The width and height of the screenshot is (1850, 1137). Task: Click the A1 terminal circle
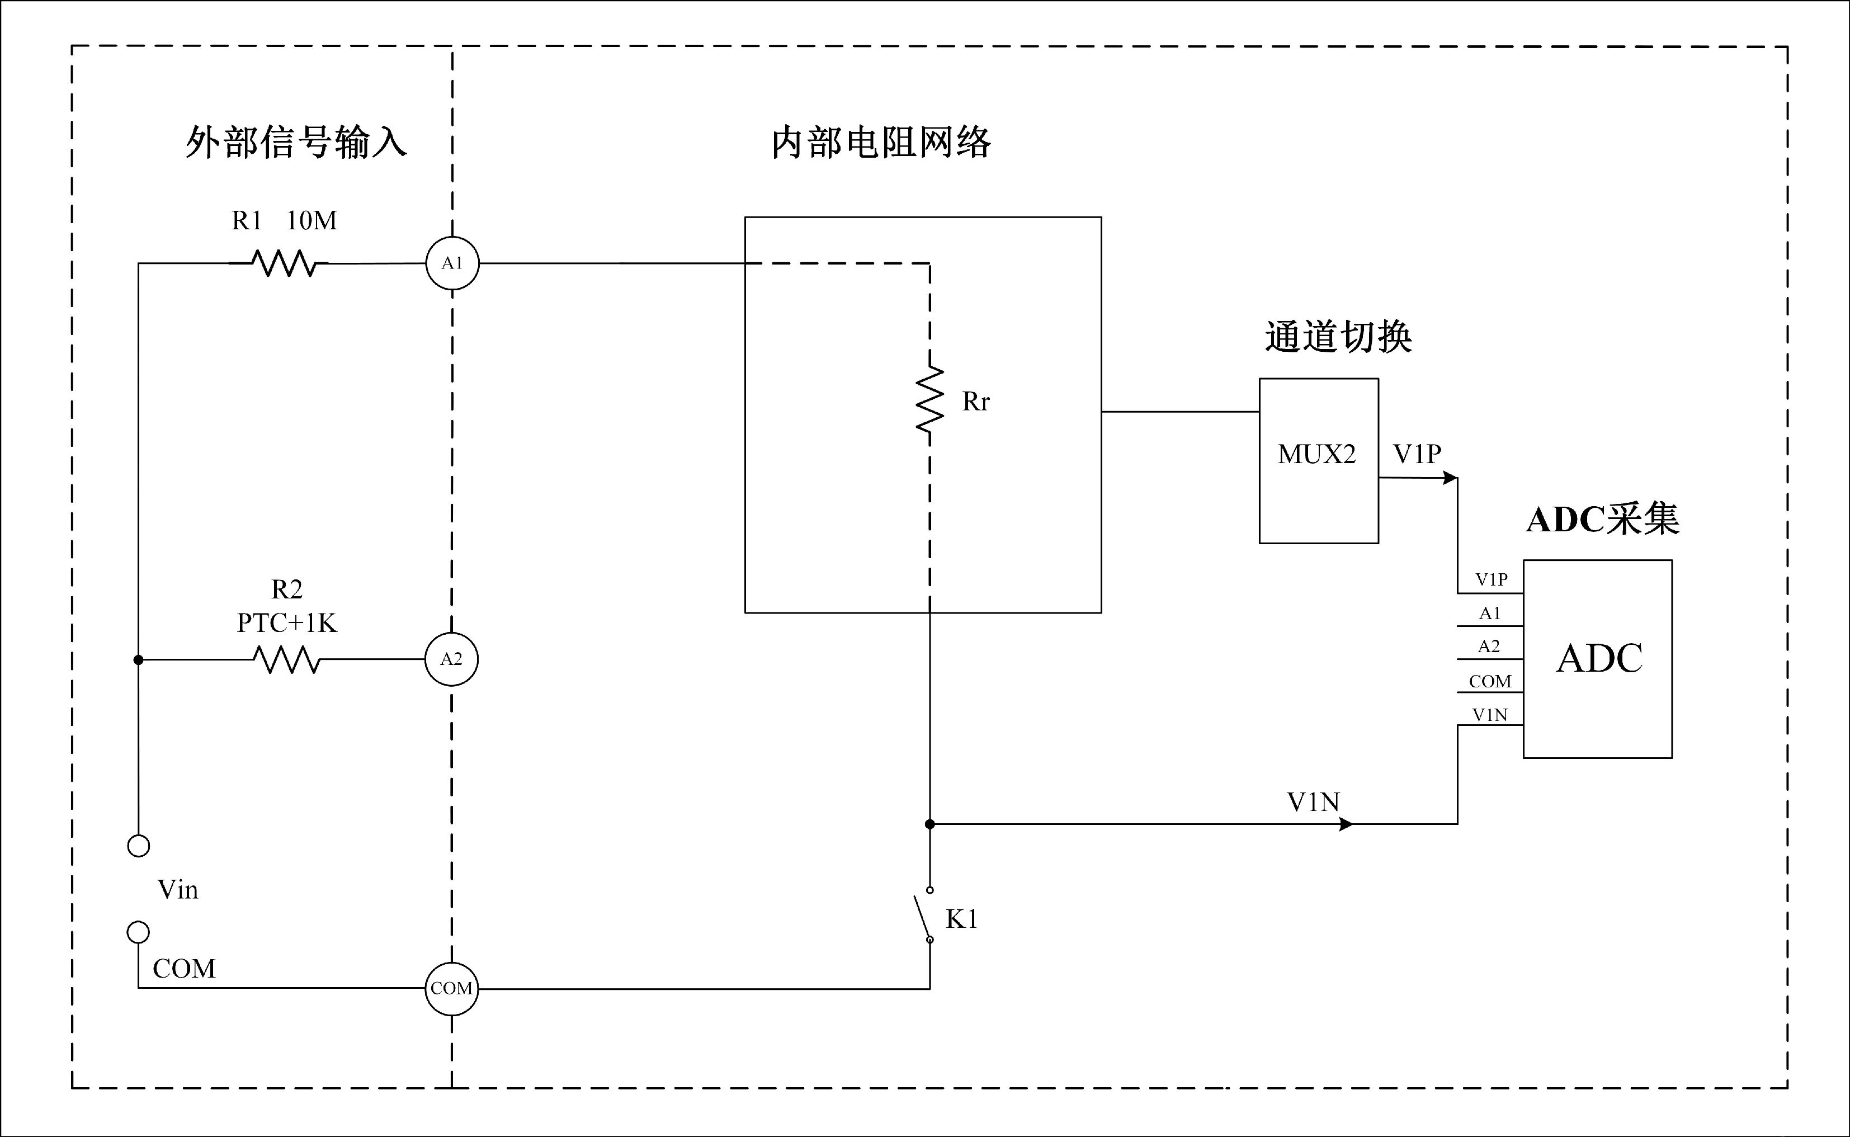452,263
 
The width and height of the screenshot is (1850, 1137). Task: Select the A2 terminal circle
451,659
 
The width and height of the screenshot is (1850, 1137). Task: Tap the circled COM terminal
451,988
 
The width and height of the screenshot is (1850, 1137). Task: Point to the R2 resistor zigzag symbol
286,659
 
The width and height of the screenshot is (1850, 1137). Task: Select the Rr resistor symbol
930,399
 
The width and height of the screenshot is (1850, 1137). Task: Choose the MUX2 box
1319,460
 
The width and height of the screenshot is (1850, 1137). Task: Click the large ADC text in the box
1599,659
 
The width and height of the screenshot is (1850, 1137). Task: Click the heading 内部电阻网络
881,141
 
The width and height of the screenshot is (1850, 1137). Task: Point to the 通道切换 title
1338,336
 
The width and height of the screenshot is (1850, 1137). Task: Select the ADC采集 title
1603,519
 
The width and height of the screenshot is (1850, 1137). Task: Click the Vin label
177,890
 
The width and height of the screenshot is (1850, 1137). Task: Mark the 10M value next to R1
311,220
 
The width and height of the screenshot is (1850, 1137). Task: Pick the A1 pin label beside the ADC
1489,614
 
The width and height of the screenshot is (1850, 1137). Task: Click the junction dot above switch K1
930,824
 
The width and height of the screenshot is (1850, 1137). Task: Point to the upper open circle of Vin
138,846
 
